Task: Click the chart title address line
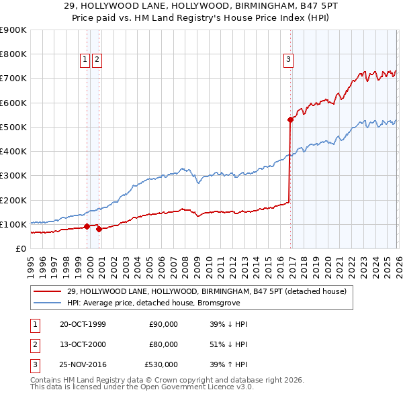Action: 201,5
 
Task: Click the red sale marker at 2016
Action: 290,120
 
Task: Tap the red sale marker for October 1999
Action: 87,227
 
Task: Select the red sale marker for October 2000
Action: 99,229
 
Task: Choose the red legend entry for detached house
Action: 206,291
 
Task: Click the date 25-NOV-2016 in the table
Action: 82,364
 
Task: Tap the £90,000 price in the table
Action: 163,324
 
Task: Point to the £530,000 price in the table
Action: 161,364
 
